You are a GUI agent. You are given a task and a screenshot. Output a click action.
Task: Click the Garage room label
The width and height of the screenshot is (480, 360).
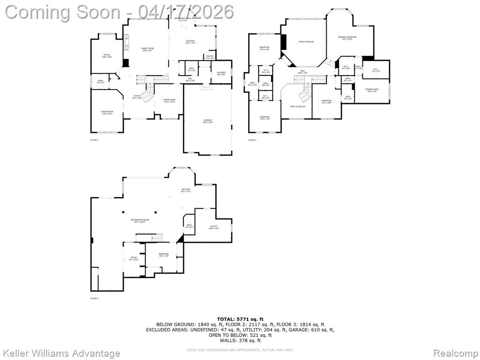[x=208, y=121]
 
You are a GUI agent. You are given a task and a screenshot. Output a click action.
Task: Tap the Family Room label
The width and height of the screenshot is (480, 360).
[x=148, y=49]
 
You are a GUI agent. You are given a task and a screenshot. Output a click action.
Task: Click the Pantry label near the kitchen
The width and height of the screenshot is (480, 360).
[x=210, y=57]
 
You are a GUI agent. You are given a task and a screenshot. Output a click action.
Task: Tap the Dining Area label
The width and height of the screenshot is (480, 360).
[x=169, y=100]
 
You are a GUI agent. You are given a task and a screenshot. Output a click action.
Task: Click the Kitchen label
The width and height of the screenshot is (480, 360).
[x=190, y=42]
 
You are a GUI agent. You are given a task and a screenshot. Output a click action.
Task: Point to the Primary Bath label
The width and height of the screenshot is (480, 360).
[x=372, y=90]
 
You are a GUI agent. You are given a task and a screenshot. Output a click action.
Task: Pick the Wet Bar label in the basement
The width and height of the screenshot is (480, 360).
[x=186, y=190]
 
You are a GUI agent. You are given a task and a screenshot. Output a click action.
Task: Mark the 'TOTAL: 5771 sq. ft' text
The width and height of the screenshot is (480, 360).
[x=240, y=319]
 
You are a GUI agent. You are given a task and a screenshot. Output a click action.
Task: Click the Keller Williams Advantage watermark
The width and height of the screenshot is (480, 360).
[x=61, y=353]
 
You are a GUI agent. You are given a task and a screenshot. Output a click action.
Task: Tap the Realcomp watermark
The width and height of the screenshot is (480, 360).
[x=454, y=353]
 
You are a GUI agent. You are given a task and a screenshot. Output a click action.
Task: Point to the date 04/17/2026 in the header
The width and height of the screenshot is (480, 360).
[x=186, y=11]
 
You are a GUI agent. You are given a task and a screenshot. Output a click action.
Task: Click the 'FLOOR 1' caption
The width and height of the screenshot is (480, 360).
[x=94, y=298]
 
